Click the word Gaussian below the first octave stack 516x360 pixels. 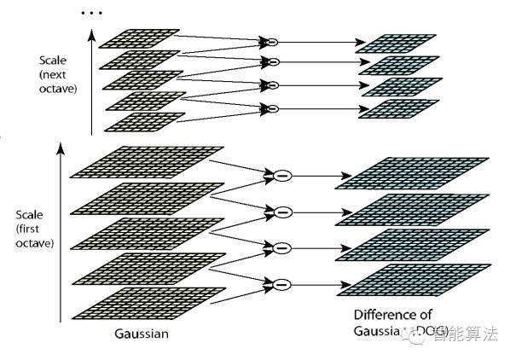[x=141, y=334]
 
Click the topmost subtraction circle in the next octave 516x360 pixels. [x=273, y=42]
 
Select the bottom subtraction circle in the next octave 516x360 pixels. [x=273, y=107]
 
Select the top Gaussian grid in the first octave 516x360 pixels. [x=137, y=162]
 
